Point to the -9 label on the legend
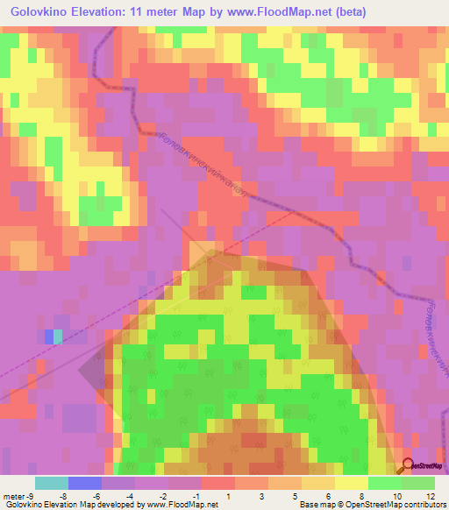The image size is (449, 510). tap(32, 496)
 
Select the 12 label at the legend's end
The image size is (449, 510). tap(430, 496)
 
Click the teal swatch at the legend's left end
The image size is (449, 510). tap(52, 483)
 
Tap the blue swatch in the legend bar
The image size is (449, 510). tap(85, 483)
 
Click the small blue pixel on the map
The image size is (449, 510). tap(48, 336)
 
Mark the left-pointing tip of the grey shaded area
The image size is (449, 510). tap(79, 372)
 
